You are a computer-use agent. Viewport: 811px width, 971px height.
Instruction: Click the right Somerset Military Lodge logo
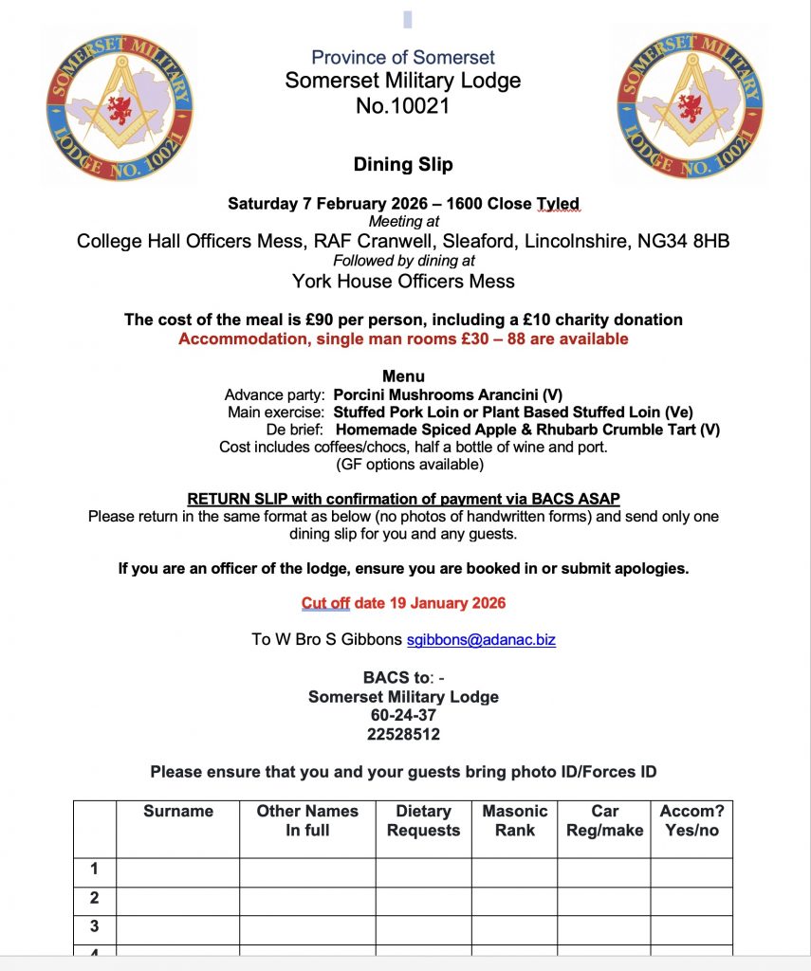(690, 104)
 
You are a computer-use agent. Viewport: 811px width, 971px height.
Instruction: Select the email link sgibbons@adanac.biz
(481, 639)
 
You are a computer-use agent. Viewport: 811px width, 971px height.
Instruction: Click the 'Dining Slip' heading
(403, 164)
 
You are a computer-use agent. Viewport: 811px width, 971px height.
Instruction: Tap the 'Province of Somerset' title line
(403, 57)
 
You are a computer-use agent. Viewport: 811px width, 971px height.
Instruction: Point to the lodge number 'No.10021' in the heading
(403, 106)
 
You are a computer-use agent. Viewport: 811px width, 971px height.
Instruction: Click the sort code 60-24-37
(403, 715)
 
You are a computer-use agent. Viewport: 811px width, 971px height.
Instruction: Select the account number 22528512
(403, 734)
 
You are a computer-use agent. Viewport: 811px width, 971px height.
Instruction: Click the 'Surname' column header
(178, 811)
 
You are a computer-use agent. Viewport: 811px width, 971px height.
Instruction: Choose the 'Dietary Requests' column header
(423, 820)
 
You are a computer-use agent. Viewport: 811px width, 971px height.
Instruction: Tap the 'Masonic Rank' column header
(514, 820)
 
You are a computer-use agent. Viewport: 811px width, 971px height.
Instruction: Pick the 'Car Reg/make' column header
(604, 820)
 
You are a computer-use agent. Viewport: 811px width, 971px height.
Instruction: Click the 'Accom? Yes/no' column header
(691, 820)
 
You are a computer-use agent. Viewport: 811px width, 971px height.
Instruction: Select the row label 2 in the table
(94, 898)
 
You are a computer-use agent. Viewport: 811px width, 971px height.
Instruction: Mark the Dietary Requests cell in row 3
(423, 927)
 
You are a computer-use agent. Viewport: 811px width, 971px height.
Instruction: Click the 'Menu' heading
(403, 376)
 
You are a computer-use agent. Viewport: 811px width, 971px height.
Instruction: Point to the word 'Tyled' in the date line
(558, 204)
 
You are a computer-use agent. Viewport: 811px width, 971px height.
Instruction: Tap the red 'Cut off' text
(325, 603)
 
